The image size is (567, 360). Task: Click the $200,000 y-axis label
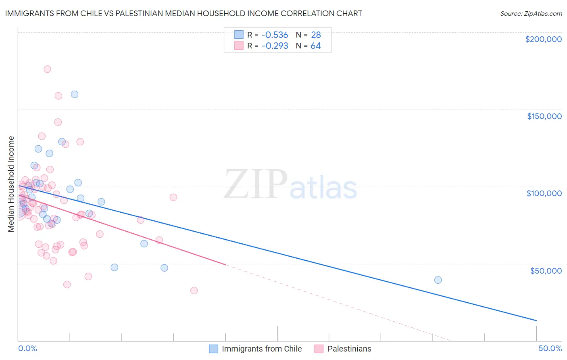[x=543, y=39]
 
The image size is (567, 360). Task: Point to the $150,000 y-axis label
[x=544, y=116]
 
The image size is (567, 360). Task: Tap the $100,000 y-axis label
[x=544, y=193]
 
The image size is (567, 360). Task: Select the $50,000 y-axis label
[x=546, y=270]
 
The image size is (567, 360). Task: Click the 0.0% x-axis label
[x=27, y=348]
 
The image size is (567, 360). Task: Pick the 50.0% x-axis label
[x=550, y=348]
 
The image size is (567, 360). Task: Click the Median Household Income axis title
[x=11, y=184]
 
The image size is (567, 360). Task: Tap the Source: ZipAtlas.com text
[x=531, y=13]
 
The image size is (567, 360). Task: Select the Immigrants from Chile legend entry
[x=261, y=349]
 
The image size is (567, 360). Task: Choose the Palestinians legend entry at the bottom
[x=349, y=349]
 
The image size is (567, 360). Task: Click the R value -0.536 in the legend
[x=275, y=35]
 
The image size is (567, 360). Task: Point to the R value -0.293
[x=275, y=46]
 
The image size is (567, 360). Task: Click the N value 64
[x=315, y=46]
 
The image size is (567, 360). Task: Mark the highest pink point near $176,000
[x=47, y=69]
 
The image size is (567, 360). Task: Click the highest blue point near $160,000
[x=75, y=94]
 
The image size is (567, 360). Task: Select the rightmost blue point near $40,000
[x=438, y=280]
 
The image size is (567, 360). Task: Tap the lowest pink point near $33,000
[x=194, y=291]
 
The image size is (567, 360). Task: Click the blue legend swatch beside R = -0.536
[x=239, y=35]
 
